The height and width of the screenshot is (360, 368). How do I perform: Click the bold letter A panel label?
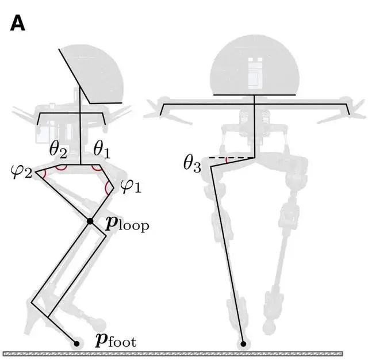(x=17, y=23)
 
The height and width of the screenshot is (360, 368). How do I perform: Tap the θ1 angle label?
(x=102, y=150)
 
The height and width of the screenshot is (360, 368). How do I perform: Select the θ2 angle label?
(x=58, y=150)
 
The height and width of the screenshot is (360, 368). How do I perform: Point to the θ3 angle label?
(x=192, y=164)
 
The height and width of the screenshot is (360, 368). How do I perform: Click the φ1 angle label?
(x=131, y=186)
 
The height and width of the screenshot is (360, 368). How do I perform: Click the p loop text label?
(x=127, y=224)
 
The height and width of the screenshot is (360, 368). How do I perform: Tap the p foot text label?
(x=116, y=341)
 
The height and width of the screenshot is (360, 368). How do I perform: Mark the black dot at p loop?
(x=90, y=221)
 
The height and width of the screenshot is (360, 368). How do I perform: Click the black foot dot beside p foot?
(x=76, y=344)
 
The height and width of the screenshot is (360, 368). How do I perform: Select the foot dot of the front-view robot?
(x=243, y=344)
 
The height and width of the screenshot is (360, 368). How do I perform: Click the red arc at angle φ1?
(x=106, y=187)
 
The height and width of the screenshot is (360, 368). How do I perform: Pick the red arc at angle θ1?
(x=96, y=168)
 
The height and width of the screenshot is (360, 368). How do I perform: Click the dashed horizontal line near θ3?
(x=232, y=158)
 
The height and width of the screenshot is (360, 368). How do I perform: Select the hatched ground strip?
(x=172, y=354)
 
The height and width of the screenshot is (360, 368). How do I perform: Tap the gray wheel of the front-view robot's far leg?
(x=267, y=327)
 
